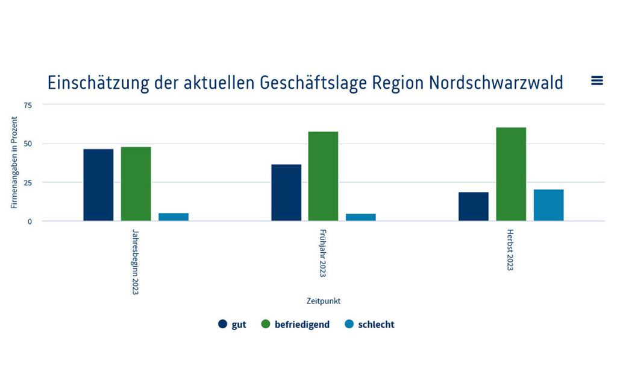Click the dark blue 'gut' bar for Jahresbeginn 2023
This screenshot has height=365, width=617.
[98, 185]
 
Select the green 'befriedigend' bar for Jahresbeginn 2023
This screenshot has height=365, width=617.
[136, 184]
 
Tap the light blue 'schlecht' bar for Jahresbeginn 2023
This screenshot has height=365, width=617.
[174, 217]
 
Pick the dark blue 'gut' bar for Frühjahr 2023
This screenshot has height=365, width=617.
[286, 192]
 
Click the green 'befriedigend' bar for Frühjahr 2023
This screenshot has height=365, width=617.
[323, 176]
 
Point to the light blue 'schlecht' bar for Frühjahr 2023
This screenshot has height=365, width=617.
[360, 217]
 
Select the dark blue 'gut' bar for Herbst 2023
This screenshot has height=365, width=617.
[474, 206]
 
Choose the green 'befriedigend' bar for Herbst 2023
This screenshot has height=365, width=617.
[511, 174]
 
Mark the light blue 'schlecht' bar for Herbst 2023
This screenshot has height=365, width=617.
[548, 205]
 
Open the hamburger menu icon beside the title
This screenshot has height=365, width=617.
[597, 81]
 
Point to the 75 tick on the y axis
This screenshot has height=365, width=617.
[28, 105]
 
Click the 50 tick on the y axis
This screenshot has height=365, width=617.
[28, 144]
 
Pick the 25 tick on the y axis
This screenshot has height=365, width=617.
[28, 183]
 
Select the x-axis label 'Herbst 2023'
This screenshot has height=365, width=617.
[510, 250]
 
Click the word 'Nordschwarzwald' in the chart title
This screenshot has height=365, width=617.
[496, 83]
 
